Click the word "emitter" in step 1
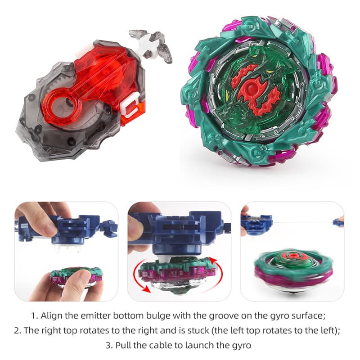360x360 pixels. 93,316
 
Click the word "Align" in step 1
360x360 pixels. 52,316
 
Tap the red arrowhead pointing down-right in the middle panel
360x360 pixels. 146,289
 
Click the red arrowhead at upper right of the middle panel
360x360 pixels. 213,261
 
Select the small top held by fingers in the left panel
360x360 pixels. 76,278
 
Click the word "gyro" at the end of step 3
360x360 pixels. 241,346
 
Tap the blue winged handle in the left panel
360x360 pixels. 109,229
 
